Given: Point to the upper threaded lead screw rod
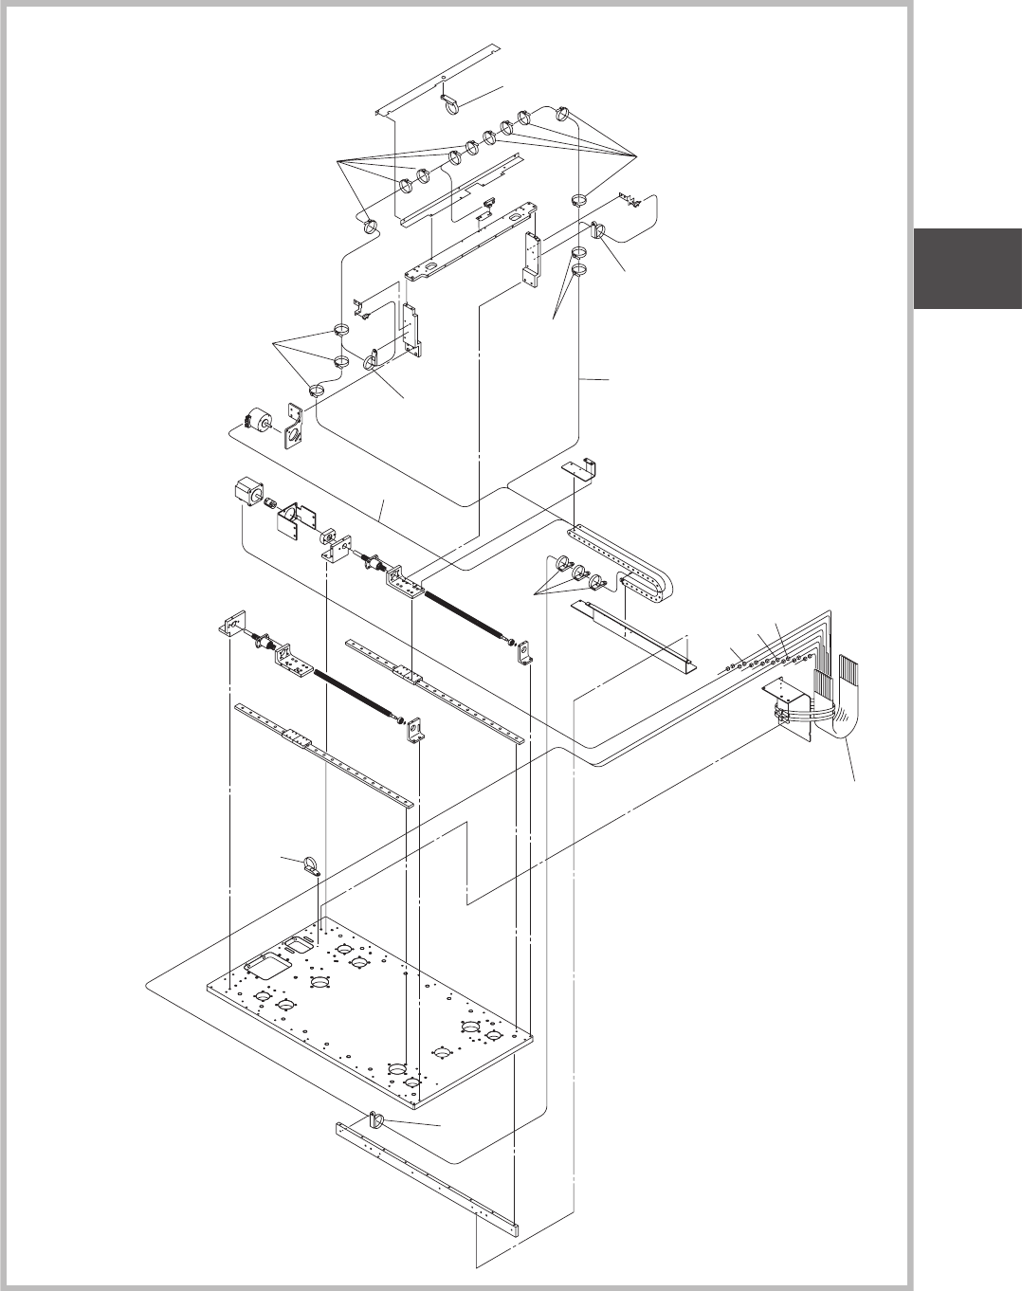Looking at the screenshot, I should coord(465,616).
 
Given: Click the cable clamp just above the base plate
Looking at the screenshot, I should coord(309,864).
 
